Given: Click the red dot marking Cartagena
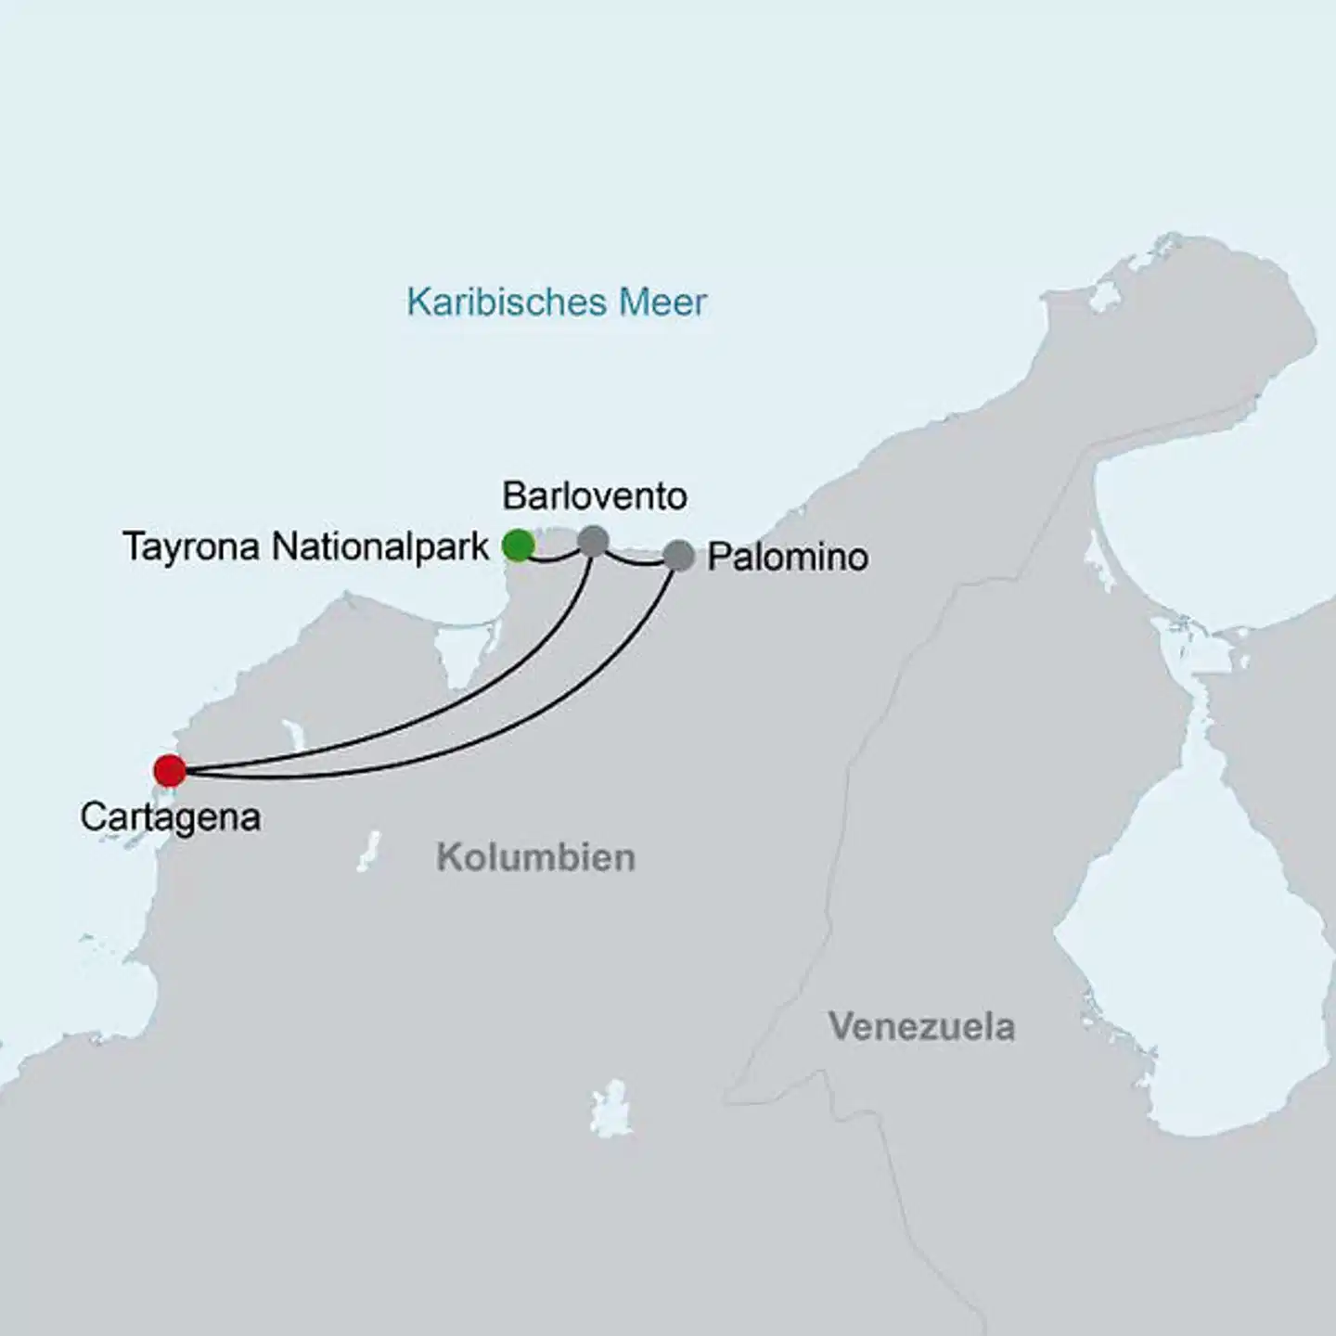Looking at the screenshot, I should point(170,770).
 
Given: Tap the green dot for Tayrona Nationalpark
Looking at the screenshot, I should point(518,546).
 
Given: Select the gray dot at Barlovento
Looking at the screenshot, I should point(593,540).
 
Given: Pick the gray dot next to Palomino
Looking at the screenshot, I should point(679,556).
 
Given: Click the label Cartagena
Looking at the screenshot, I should point(170,817).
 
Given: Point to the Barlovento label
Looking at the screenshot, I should point(595,497).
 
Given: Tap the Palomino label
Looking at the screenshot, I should point(788,558).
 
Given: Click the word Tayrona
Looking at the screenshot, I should point(191,548).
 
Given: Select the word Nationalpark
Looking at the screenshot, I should point(380,547).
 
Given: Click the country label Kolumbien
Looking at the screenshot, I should point(535,857).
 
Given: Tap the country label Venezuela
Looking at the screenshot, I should point(921,1027).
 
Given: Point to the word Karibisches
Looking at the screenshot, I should point(506,302).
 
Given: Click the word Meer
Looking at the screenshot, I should point(664,302).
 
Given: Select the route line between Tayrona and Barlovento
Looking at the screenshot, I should point(555,558).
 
